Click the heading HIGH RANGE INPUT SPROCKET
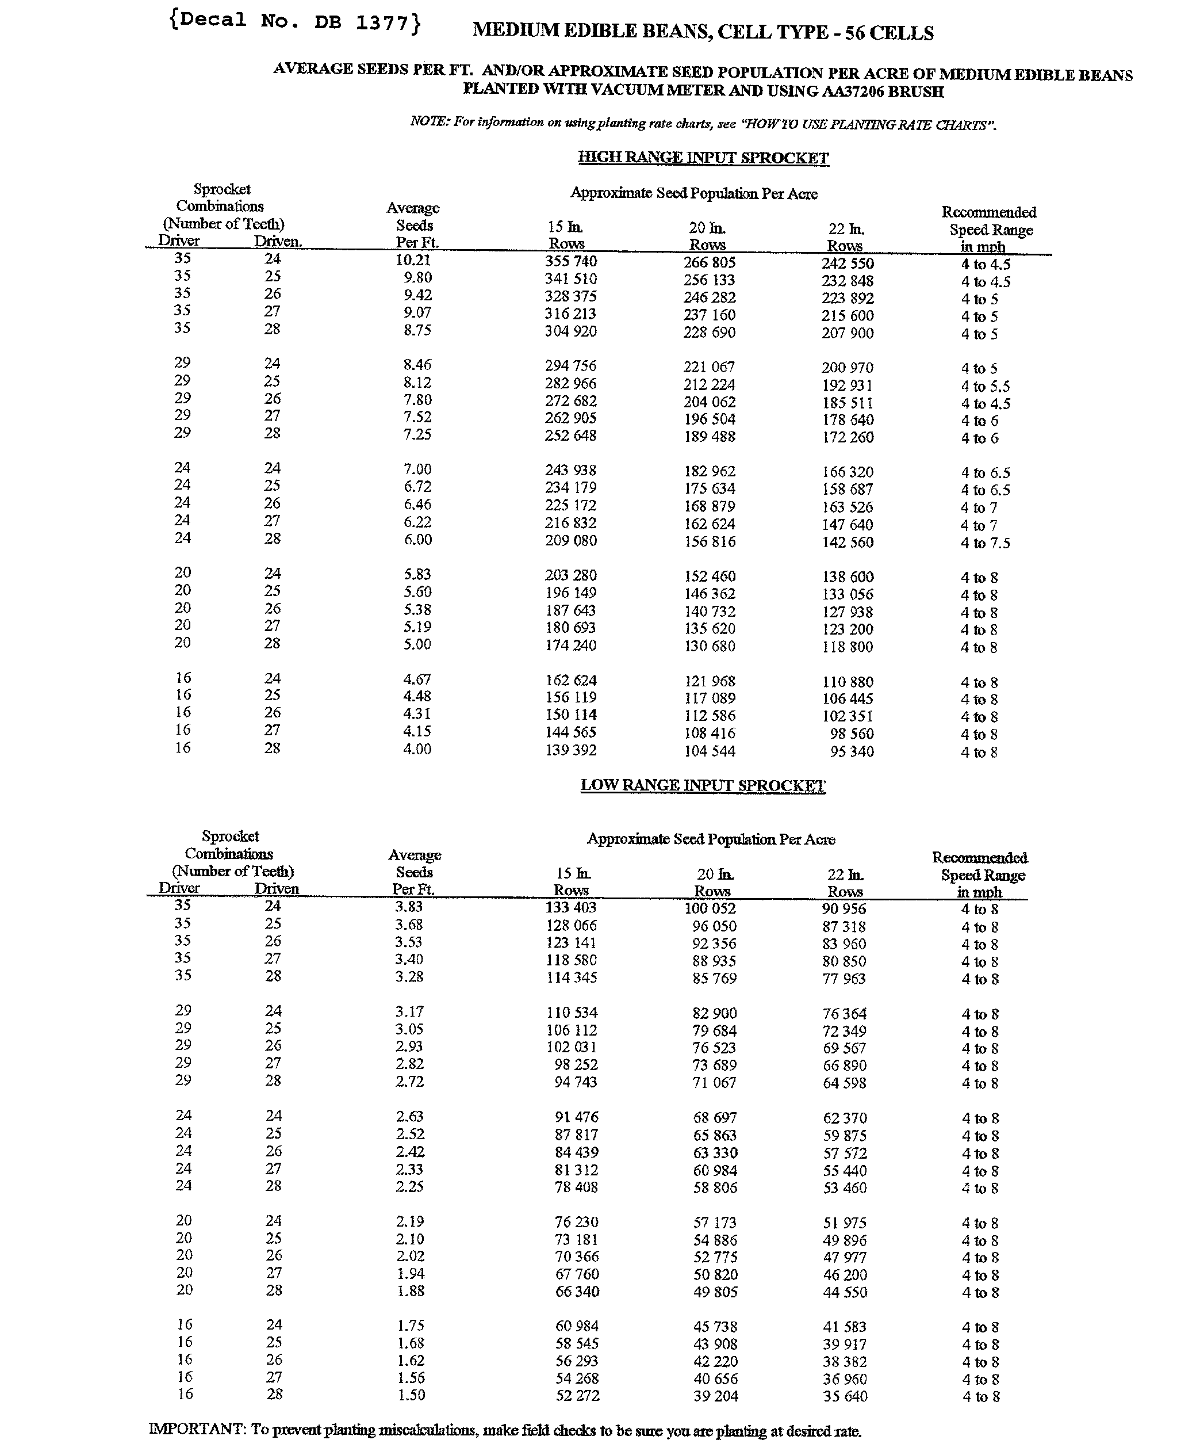pos(703,158)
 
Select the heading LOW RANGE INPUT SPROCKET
pos(703,785)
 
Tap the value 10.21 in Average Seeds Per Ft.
pos(413,260)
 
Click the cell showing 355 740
pos(570,261)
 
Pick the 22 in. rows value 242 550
pos(848,263)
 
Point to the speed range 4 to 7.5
pos(985,543)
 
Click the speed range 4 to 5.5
pos(985,386)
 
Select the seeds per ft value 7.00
pos(417,469)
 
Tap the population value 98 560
pos(852,734)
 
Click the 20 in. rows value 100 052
pos(710,908)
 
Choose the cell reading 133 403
pos(571,907)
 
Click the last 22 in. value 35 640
pos(845,1396)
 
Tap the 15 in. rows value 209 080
pos(570,541)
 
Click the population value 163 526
pos(848,507)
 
